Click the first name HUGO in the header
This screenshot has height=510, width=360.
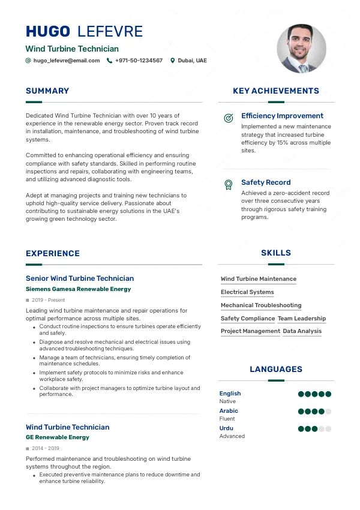pos(48,32)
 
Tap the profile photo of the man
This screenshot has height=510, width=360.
pos(301,49)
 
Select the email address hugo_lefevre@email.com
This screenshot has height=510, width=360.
pos(67,61)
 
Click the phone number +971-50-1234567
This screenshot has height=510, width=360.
pos(139,61)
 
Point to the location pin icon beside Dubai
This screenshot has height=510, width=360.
pos(173,61)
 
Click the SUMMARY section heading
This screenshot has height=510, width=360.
pos(47,91)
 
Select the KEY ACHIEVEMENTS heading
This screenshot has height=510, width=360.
pos(276,91)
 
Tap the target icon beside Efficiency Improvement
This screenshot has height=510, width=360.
pos(228,118)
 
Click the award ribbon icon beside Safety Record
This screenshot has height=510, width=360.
pos(228,184)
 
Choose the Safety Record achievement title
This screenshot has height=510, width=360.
pos(266,182)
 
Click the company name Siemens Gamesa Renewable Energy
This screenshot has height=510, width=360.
pos(78,289)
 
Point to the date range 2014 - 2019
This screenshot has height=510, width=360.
pos(46,448)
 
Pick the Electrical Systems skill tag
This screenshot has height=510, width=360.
pos(247,292)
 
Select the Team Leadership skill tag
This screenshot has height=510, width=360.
pos(302,319)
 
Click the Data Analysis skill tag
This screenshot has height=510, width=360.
pos(302,331)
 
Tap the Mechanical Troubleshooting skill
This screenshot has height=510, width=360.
pos(261,305)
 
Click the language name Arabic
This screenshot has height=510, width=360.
pos(229,411)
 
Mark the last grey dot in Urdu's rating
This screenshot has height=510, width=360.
pos(328,429)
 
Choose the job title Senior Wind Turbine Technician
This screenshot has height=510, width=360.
pos(80,278)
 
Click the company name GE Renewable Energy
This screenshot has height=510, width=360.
pos(58,437)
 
